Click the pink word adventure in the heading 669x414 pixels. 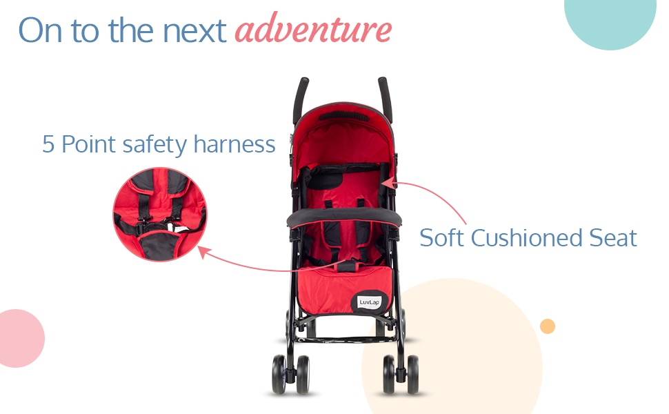point(313,28)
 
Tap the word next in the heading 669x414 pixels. point(194,31)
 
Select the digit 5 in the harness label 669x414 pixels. point(48,144)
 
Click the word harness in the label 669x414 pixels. point(234,144)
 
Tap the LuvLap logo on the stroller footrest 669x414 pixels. point(368,303)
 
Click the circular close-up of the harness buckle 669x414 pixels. point(160,215)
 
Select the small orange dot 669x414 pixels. point(548,326)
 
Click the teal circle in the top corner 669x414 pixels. point(610,19)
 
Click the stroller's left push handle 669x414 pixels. point(301,100)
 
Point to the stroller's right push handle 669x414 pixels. point(386,99)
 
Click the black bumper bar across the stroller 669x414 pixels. point(344,217)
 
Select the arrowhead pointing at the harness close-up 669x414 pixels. point(204,252)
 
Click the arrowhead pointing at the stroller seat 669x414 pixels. point(389,184)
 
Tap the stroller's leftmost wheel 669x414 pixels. point(279,374)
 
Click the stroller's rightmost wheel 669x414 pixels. point(413,374)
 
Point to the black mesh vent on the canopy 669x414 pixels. point(344,116)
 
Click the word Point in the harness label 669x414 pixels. point(89,144)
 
